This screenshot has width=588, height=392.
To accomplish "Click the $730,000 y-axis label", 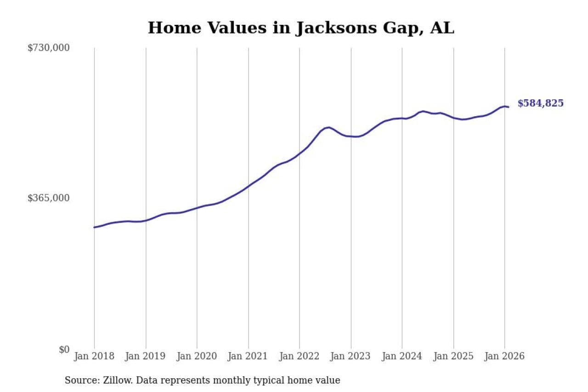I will pos(49,48).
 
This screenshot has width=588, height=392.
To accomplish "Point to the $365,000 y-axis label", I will pos(49,198).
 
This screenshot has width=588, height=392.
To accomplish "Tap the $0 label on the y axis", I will pos(64,349).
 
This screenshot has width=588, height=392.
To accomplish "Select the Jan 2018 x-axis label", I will pos(95,357).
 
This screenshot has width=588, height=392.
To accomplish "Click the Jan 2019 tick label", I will pos(146,357).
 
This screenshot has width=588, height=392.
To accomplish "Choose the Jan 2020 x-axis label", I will pos(197,357).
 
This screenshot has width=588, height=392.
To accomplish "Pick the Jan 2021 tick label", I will pos(249,357).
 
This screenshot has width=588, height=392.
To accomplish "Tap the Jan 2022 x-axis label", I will pos(300,357).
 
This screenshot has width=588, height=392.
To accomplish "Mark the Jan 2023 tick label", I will pos(351,357).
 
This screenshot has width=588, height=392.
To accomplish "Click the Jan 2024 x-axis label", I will pos(402,357).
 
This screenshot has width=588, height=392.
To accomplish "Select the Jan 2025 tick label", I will pos(453,357).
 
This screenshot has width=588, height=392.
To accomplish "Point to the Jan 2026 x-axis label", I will pos(504,357).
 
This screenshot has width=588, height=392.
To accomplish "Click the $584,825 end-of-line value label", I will pos(540,103).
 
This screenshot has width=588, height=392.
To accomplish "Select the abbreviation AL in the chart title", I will pos(442,28).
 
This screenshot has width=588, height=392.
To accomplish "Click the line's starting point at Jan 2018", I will pos(95,227).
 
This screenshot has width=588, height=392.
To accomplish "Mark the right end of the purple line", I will pos(508,107).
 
